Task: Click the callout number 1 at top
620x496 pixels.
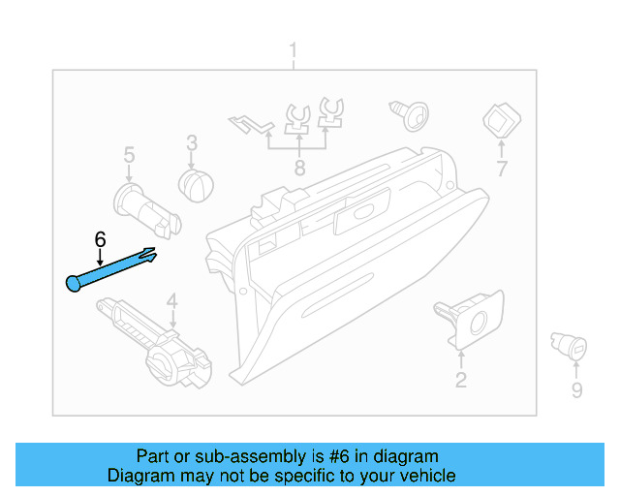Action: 294,51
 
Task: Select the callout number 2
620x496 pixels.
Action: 460,380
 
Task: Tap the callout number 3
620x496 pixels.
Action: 192,142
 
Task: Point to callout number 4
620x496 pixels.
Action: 171,300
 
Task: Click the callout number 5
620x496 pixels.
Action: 129,154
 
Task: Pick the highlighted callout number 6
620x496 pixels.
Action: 99,238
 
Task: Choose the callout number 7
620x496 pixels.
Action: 501,169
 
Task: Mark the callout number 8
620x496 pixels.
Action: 299,168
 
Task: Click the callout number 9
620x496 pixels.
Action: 576,390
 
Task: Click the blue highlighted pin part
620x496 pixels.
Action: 111,269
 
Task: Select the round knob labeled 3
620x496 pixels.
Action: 198,184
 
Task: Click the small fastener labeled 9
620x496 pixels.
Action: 571,344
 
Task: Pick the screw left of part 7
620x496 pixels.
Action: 409,113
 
